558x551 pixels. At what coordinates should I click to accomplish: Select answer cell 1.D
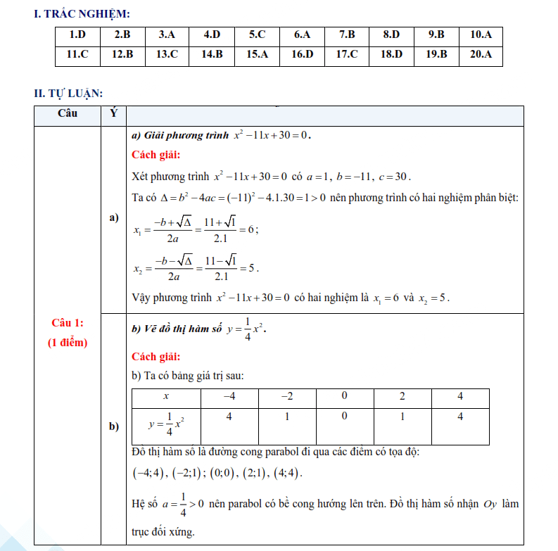coord(77,34)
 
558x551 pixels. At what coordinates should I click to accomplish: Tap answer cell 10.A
coord(481,34)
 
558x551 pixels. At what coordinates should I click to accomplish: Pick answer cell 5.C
coord(257,34)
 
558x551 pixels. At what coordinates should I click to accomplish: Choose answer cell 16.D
coord(302,54)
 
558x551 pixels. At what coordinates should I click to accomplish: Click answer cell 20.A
coord(481,54)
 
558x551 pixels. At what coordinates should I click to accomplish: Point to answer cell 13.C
coord(167,54)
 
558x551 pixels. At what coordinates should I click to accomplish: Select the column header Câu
coord(68,113)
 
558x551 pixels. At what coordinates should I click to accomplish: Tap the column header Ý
coord(114,113)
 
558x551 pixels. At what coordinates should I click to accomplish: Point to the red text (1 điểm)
coord(68,343)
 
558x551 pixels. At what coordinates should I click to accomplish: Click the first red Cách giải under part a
coord(156,156)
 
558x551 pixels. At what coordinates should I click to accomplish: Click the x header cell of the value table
coord(165,397)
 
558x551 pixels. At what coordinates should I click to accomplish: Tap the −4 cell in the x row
coord(229,397)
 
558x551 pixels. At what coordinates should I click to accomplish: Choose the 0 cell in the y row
coord(344,417)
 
